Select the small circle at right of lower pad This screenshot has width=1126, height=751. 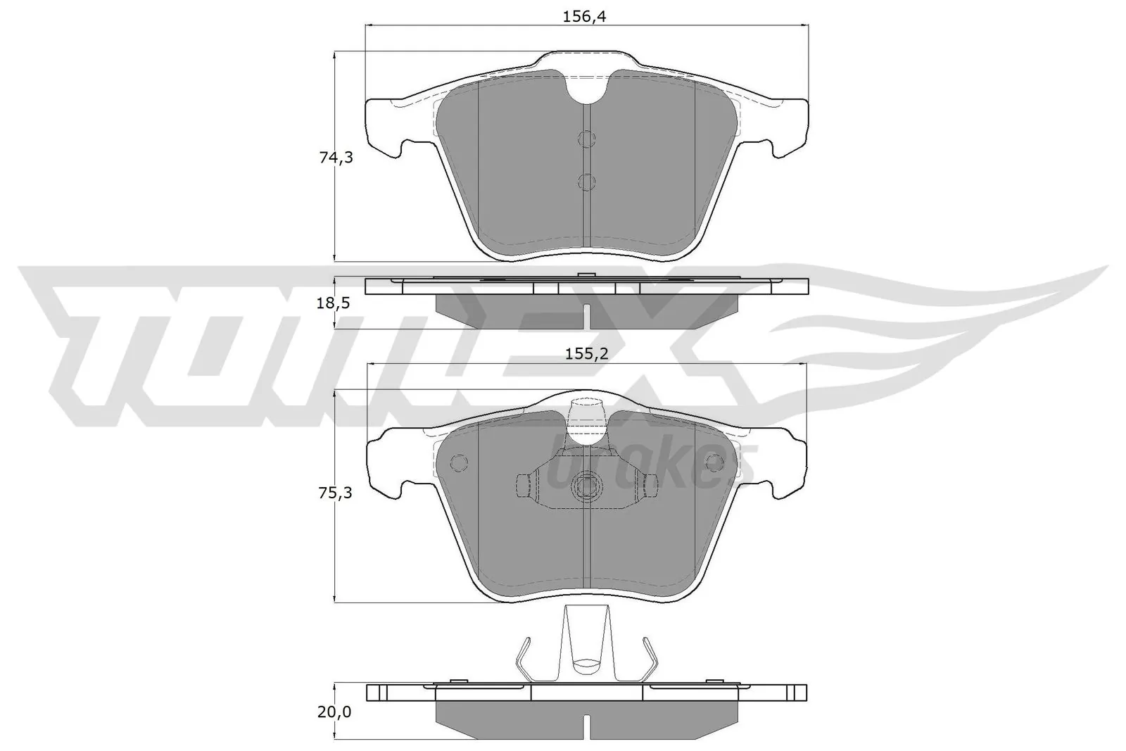714,462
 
